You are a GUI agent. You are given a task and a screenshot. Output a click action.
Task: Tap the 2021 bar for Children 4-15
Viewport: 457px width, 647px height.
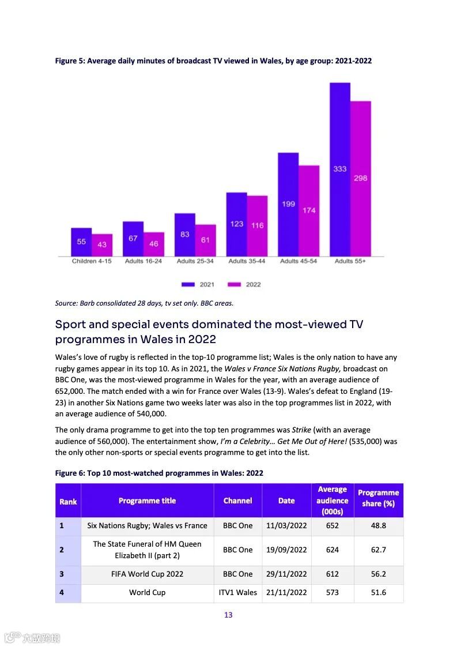(81, 242)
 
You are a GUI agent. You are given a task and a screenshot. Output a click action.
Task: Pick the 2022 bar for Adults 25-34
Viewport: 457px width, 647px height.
(205, 240)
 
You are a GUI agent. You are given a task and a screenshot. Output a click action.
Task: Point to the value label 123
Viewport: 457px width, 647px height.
(237, 224)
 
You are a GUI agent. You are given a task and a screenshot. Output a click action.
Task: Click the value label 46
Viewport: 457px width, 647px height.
(154, 244)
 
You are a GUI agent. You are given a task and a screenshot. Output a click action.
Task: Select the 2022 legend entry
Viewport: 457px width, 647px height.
(245, 284)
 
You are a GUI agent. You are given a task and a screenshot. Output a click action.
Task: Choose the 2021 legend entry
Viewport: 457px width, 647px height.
(198, 284)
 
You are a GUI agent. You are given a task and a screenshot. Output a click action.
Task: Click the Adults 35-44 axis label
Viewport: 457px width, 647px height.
(247, 261)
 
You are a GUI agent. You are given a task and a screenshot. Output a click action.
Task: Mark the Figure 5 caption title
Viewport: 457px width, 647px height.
(213, 61)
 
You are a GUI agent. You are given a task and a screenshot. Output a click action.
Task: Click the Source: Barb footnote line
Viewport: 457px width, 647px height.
(144, 303)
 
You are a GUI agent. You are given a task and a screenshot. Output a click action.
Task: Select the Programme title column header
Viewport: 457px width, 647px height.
(147, 501)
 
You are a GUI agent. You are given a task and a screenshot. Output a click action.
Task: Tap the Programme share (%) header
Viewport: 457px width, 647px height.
(378, 498)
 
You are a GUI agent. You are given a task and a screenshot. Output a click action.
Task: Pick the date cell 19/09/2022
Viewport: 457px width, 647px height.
(286, 550)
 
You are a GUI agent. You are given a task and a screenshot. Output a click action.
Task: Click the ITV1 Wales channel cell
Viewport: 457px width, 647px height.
(238, 592)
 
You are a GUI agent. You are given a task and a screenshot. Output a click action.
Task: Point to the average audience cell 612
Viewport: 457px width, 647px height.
(333, 574)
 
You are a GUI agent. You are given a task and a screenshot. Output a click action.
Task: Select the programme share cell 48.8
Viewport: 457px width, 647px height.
(378, 525)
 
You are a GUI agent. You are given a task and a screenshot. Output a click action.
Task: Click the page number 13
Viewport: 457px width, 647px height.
(228, 615)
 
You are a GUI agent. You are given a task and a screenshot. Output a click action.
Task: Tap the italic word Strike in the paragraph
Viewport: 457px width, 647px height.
(301, 430)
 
